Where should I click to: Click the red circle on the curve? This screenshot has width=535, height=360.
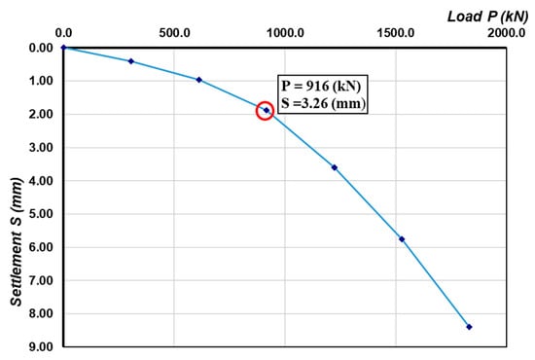pyautogui.click(x=266, y=111)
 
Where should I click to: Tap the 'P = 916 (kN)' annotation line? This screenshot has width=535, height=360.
pyautogui.click(x=323, y=86)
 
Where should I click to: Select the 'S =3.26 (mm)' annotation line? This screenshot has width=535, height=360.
pyautogui.click(x=323, y=104)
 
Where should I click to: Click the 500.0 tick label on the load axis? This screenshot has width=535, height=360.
pyautogui.click(x=174, y=32)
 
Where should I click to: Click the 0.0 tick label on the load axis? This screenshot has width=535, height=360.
pyautogui.click(x=63, y=32)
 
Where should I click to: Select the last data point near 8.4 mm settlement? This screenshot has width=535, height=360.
pyautogui.click(x=469, y=327)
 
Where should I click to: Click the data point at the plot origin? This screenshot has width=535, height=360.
pyautogui.click(x=63, y=47)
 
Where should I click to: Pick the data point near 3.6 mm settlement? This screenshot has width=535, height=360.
pyautogui.click(x=335, y=167)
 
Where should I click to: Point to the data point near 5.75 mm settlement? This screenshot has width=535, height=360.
pyautogui.click(x=402, y=238)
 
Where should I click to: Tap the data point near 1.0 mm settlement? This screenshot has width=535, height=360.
pyautogui.click(x=198, y=80)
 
